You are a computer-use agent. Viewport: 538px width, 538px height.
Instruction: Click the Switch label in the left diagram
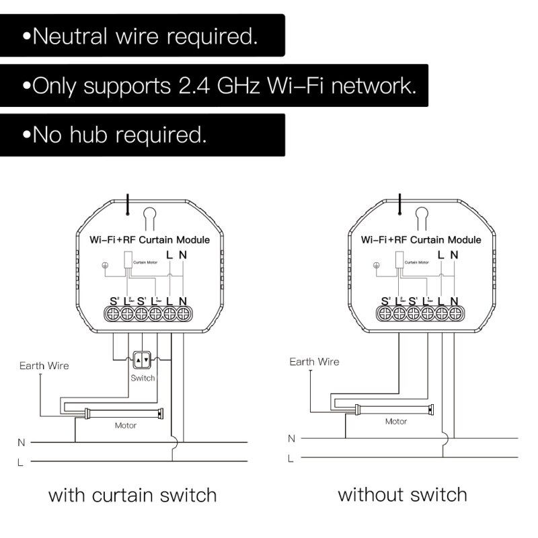[143, 378]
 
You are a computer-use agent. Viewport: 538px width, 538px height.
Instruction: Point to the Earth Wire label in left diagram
[44, 366]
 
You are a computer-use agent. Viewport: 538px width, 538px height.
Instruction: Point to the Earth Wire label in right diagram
[314, 362]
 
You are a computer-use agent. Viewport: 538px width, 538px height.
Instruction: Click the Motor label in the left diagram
[126, 425]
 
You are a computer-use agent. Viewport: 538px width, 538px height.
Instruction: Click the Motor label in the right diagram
[395, 422]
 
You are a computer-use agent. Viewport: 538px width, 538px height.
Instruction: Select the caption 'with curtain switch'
[132, 496]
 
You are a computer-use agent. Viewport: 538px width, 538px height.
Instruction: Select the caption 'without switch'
[402, 496]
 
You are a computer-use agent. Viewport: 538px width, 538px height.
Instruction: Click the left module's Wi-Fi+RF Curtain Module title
[149, 239]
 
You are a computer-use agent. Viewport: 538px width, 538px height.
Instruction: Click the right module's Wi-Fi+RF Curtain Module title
[421, 239]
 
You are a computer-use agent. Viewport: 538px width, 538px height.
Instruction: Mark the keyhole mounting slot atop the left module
[149, 217]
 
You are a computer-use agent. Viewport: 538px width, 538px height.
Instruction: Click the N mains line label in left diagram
[21, 443]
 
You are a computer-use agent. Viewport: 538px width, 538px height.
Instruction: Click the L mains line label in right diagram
[291, 459]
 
